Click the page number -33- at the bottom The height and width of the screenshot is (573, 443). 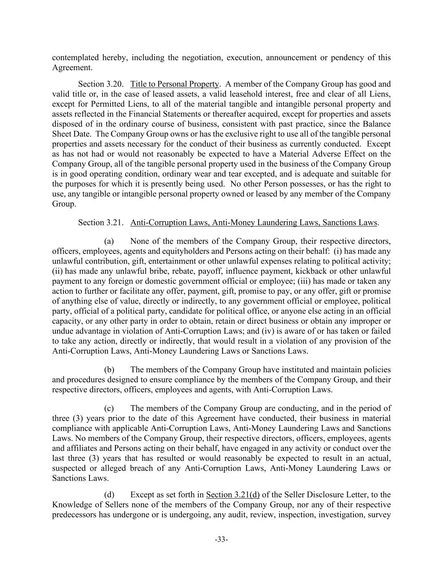tap(221, 539)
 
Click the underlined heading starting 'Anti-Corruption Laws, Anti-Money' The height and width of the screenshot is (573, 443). tap(254, 222)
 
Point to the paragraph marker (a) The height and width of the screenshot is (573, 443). tap(109, 241)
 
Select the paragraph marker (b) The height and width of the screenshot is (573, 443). tap(109, 370)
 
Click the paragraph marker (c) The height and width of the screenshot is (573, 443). tap(109, 408)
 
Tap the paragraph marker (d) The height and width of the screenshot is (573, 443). tap(109, 495)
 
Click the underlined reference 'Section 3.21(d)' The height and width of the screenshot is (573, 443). tap(233, 495)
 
